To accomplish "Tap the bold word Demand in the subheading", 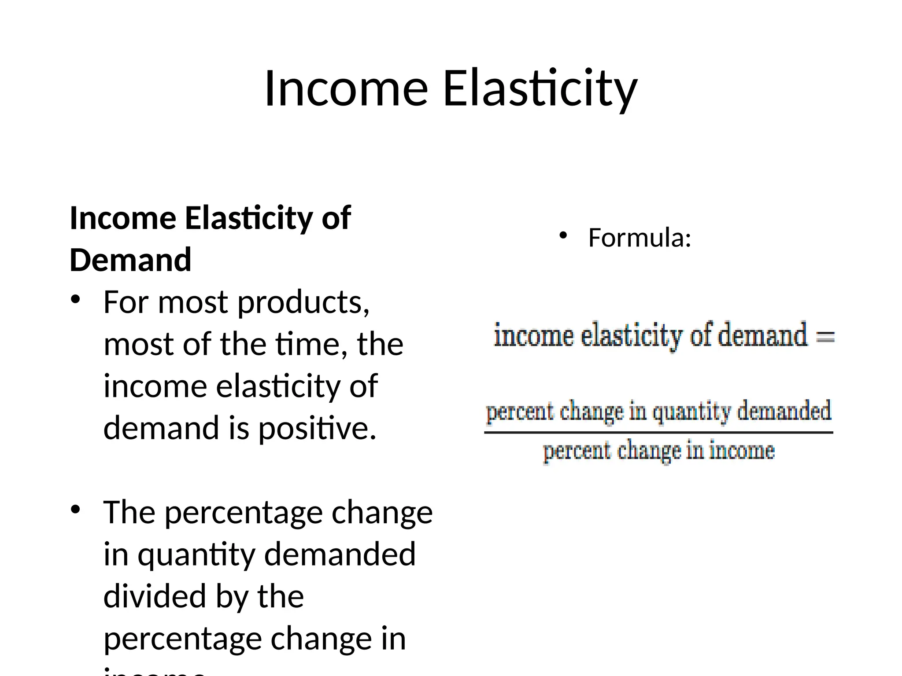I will [130, 260].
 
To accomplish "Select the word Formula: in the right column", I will [640, 238].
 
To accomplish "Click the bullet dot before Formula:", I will [563, 236].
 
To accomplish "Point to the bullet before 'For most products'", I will [76, 300].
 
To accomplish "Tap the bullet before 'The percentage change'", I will [76, 510].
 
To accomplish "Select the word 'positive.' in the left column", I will [317, 428].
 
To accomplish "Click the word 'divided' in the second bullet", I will [155, 596].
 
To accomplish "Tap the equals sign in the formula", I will [825, 337].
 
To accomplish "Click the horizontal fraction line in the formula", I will [658, 433].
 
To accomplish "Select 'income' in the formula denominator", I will [742, 451].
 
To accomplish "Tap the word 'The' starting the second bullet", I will [129, 512].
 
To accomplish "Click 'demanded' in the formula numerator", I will [784, 411].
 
